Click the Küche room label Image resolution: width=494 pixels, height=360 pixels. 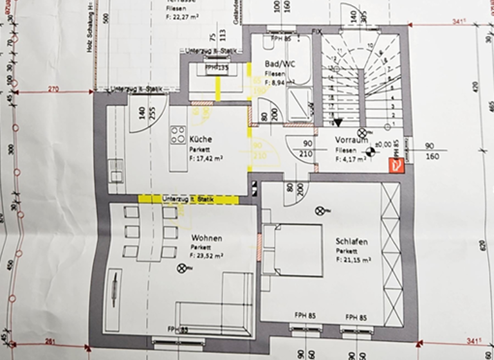pos(201,139)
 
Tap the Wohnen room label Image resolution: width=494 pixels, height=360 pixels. pos(206,239)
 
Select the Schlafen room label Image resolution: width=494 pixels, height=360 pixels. pos(352,242)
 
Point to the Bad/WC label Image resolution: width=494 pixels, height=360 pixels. pos(280,64)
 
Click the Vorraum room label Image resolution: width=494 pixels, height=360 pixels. pos(351,139)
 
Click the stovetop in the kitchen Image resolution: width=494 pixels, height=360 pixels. pos(178,135)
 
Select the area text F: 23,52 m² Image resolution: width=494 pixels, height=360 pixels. pos(206,255)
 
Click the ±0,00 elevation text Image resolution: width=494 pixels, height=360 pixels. pos(385,145)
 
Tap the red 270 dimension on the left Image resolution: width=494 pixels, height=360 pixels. pos(53,89)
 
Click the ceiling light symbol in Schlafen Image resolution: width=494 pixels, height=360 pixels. pos(320,211)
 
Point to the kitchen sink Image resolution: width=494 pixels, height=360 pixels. pos(116,170)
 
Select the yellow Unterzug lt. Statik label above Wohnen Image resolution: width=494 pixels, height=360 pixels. pos(188,199)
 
